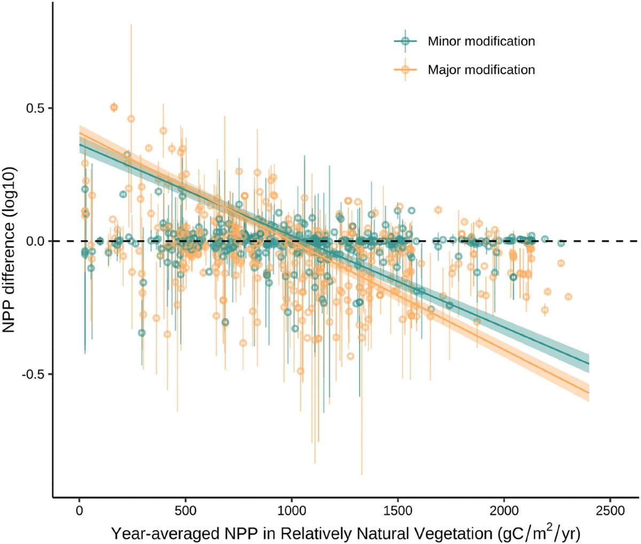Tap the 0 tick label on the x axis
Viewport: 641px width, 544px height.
pyautogui.click(x=79, y=511)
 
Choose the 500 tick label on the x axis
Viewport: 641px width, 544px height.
pyautogui.click(x=185, y=511)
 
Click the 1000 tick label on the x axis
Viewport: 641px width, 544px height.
pyautogui.click(x=291, y=511)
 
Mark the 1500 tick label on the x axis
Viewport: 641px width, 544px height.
pyautogui.click(x=397, y=511)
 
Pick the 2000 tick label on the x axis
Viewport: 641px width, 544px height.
pyautogui.click(x=504, y=511)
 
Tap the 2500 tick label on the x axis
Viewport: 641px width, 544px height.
pyautogui.click(x=609, y=511)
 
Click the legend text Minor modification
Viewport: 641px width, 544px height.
pyautogui.click(x=481, y=41)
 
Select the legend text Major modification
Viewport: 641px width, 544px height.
pyautogui.click(x=481, y=70)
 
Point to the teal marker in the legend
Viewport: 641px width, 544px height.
pyautogui.click(x=405, y=41)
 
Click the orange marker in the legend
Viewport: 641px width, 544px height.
pyautogui.click(x=405, y=69)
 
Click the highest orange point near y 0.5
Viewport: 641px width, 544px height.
pyautogui.click(x=114, y=108)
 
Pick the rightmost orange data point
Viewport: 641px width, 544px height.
pyautogui.click(x=568, y=296)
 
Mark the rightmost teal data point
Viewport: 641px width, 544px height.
pyautogui.click(x=561, y=243)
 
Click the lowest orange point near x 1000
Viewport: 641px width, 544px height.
pyautogui.click(x=300, y=371)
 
